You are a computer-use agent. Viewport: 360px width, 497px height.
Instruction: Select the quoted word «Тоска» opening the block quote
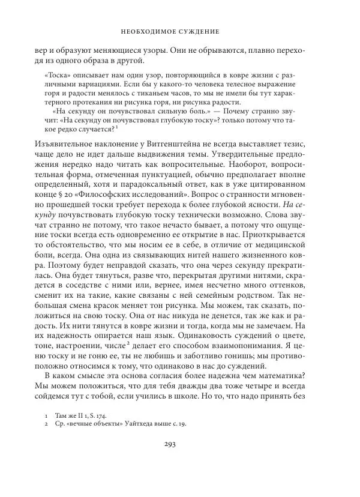click(x=58, y=77)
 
